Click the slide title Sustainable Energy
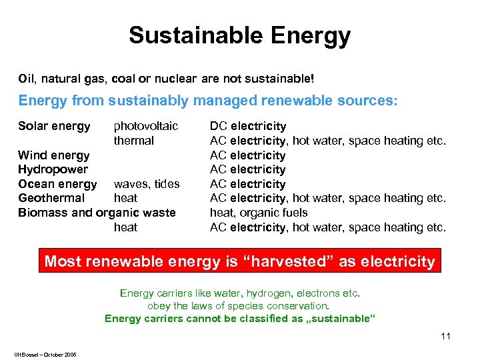click(x=239, y=35)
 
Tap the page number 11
click(x=446, y=335)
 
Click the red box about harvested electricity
click(x=239, y=261)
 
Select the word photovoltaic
click(x=146, y=126)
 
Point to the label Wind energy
click(x=54, y=155)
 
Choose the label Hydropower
click(x=53, y=169)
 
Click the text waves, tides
click(x=147, y=184)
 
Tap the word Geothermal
click(x=51, y=198)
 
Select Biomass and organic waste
click(x=97, y=213)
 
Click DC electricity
click(x=248, y=126)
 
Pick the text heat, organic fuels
click(x=259, y=213)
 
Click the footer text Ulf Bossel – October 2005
click(x=44, y=354)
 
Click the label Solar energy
click(x=54, y=126)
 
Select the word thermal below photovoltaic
click(x=134, y=141)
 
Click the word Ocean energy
click(x=57, y=184)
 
